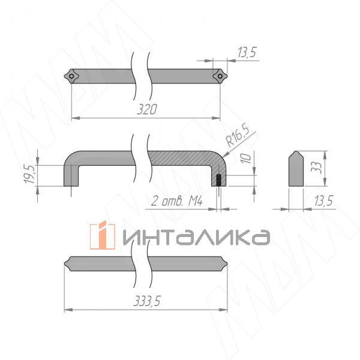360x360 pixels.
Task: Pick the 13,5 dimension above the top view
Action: tap(247, 53)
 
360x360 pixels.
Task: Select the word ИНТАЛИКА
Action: tap(196, 236)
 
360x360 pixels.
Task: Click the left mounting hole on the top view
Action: tap(71, 76)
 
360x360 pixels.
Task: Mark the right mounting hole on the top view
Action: tap(220, 76)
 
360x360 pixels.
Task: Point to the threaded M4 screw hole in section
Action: tap(220, 180)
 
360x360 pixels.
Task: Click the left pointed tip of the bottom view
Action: tap(66, 265)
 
